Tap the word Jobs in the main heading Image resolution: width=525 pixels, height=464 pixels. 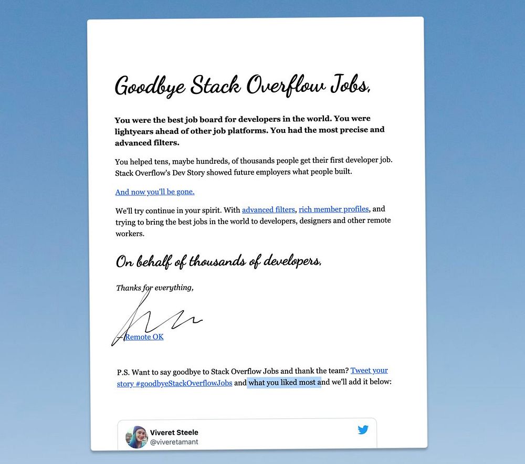tap(350, 86)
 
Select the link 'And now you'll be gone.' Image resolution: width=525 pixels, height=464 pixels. tap(155, 192)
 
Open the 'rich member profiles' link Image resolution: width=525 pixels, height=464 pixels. tap(334, 209)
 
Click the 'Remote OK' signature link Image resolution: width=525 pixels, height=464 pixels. tap(144, 337)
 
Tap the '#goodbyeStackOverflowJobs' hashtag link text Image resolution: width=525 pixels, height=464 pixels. tap(184, 383)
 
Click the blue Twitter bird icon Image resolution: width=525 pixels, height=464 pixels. tap(363, 430)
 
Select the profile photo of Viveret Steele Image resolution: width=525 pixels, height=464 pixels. tap(136, 437)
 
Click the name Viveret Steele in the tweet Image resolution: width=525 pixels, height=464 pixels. tap(174, 433)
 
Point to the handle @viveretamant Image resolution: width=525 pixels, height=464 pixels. tap(174, 442)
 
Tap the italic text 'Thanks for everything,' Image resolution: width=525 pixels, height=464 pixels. tap(155, 288)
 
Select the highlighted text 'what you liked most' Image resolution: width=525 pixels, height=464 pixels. tap(284, 383)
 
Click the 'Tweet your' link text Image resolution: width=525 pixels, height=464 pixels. tap(369, 371)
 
